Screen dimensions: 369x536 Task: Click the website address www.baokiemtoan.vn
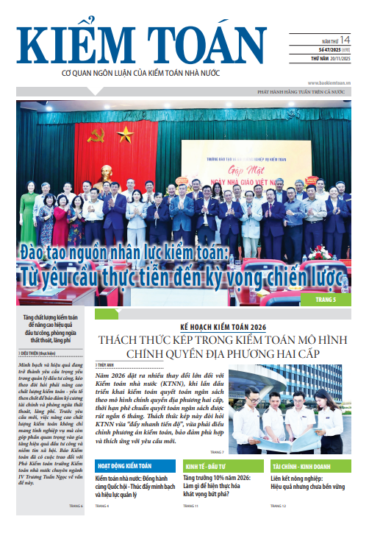329,83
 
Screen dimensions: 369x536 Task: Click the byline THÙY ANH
107,364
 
